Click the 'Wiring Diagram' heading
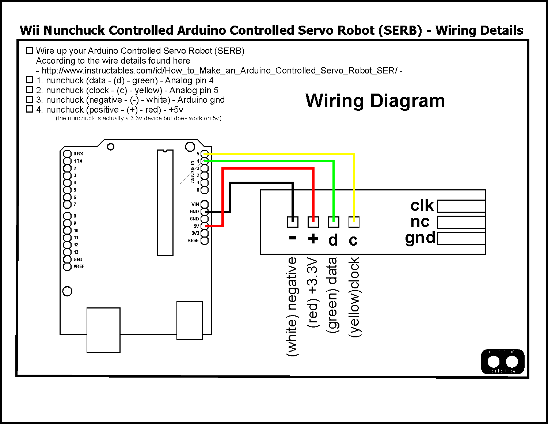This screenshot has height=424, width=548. click(375, 101)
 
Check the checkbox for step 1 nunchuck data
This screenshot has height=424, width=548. click(30, 80)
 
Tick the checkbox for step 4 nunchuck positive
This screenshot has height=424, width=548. click(30, 109)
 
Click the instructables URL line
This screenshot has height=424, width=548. click(219, 71)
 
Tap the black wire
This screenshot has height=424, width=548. click(261, 183)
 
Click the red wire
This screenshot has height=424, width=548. click(270, 169)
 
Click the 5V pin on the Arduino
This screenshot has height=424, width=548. click(204, 226)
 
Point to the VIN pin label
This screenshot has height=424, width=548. click(195, 204)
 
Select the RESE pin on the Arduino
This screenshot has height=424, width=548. click(204, 241)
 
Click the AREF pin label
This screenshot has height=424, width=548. click(79, 266)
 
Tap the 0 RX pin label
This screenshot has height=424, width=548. click(78, 154)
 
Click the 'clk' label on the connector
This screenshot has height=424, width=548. click(422, 206)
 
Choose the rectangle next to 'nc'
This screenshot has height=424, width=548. click(461, 222)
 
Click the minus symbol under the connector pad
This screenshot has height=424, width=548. click(293, 238)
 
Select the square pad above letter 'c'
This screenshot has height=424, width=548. click(354, 222)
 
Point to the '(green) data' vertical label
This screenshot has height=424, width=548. click(332, 295)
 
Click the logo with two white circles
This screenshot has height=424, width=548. click(503, 362)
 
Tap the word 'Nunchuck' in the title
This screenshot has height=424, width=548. click(74, 30)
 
